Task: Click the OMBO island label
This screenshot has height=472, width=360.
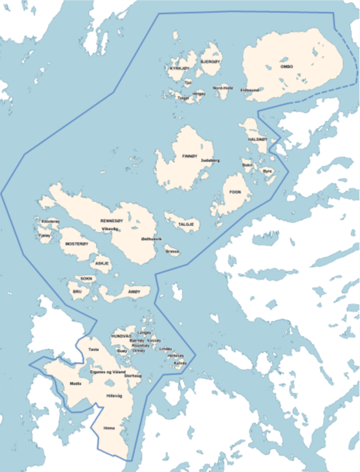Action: point(289,66)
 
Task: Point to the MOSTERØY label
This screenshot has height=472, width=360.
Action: point(76,244)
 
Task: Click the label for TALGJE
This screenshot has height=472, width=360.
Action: point(186,224)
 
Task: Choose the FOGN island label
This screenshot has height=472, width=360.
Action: point(235,191)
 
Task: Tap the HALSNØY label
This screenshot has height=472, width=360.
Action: point(258,139)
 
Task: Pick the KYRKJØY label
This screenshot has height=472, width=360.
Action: point(180,68)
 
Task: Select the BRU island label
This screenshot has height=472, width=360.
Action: point(77,291)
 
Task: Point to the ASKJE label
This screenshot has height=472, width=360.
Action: point(102,263)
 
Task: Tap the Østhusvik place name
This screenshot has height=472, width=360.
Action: point(151,239)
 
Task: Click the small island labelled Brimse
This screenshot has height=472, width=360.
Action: point(172,251)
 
